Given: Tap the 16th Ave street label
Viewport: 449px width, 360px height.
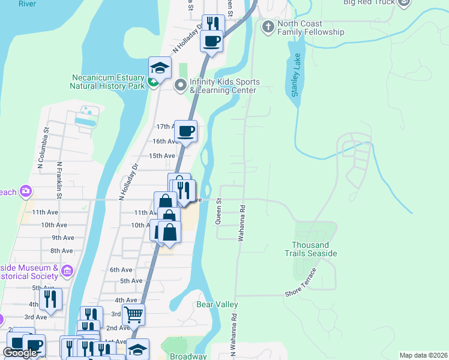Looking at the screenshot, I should tap(164, 142).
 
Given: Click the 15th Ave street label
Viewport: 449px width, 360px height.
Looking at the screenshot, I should tap(161, 155).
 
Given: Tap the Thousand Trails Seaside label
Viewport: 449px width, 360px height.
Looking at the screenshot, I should tap(314, 249).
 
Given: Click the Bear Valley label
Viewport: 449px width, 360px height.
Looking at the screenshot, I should tap(217, 305).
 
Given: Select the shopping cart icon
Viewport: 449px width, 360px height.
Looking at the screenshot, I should tap(133, 314).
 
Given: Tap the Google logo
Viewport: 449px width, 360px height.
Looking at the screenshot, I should tap(20, 353).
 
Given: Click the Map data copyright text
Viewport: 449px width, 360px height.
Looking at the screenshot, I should tap(423, 355).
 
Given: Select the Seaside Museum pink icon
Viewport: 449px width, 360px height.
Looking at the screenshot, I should tap(67, 272).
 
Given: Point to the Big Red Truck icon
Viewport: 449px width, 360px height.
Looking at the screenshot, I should tap(403, 2).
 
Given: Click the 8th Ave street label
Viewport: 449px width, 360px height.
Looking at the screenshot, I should tap(61, 251).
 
